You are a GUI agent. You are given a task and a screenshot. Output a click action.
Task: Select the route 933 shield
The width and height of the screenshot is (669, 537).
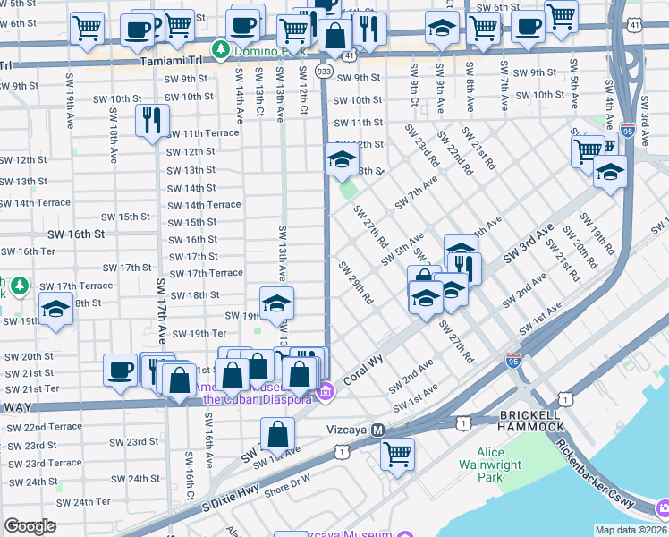point(325,70)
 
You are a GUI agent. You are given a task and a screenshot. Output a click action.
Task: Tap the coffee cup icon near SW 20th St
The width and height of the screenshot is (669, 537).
point(120,370)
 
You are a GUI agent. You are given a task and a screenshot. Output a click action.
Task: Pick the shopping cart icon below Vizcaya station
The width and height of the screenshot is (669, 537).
point(397,453)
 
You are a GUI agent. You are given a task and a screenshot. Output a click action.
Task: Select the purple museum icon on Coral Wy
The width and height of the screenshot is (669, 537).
point(326,390)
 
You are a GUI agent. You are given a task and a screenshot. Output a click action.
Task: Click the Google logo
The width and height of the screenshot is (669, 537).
point(30,526)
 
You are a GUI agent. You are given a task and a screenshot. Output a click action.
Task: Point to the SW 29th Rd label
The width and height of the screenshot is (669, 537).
point(355,282)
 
